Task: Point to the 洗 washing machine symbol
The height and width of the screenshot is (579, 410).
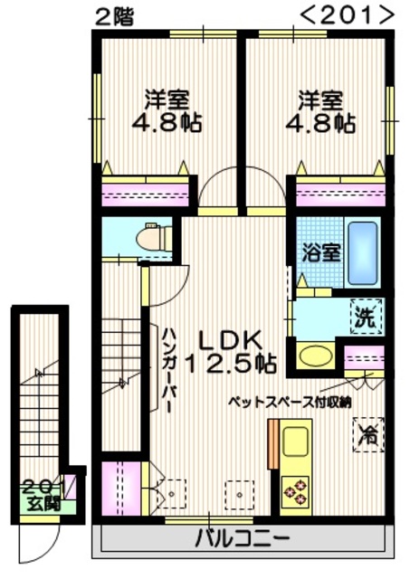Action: tap(365, 317)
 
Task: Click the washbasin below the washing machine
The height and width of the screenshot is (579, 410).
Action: tap(314, 356)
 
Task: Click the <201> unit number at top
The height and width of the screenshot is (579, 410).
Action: tap(347, 15)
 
